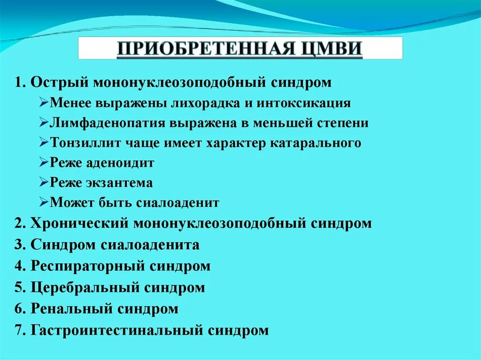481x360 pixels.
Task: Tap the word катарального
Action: coord(316,143)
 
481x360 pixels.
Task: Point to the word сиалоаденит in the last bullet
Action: coord(178,203)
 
